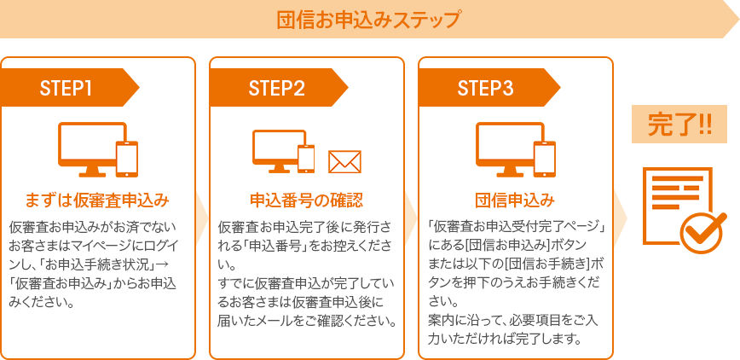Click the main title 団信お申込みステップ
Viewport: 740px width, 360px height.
coord(367,20)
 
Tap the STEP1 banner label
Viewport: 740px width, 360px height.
coord(66,88)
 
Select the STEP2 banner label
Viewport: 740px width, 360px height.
coord(276,88)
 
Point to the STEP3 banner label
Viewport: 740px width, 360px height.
coord(485,88)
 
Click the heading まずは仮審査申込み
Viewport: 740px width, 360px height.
coord(97,200)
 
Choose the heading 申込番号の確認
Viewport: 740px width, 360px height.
coord(306,200)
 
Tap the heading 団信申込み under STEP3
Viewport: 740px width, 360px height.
coord(515,200)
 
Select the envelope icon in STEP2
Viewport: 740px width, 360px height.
coord(344,162)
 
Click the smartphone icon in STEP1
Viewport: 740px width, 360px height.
coord(127,159)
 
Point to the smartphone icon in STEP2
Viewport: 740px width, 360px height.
coord(306,159)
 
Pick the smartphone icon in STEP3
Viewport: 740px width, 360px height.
coord(545,159)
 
